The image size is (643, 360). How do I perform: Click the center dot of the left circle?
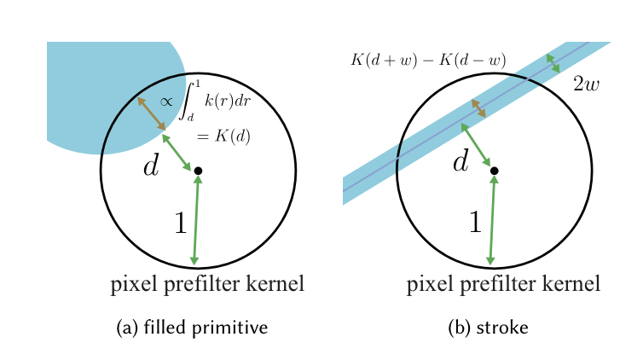click(x=198, y=171)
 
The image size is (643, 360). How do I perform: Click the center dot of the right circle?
click(x=494, y=171)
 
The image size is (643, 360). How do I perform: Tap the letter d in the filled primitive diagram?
click(x=151, y=165)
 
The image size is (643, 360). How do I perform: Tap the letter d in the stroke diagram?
click(x=461, y=160)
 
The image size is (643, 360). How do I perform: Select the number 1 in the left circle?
click(x=180, y=224)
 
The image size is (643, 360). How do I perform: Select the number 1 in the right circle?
click(x=475, y=223)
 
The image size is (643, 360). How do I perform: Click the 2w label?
click(x=586, y=84)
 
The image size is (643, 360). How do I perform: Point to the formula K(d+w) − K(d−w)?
click(x=428, y=61)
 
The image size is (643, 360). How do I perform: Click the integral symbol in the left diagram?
click(x=191, y=99)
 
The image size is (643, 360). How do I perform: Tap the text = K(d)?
click(x=223, y=136)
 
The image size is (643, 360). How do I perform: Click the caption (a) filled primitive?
click(x=192, y=328)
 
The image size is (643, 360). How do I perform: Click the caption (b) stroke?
click(x=488, y=328)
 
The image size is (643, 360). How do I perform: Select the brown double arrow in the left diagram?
click(x=151, y=113)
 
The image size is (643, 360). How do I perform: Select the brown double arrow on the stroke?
click(x=479, y=108)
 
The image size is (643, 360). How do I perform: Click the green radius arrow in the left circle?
click(x=196, y=219)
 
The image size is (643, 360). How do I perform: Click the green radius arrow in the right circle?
click(x=492, y=219)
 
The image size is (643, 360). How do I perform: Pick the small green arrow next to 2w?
click(x=553, y=62)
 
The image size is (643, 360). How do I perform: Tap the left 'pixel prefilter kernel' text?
click(x=207, y=284)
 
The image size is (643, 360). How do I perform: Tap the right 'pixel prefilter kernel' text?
click(x=503, y=284)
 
